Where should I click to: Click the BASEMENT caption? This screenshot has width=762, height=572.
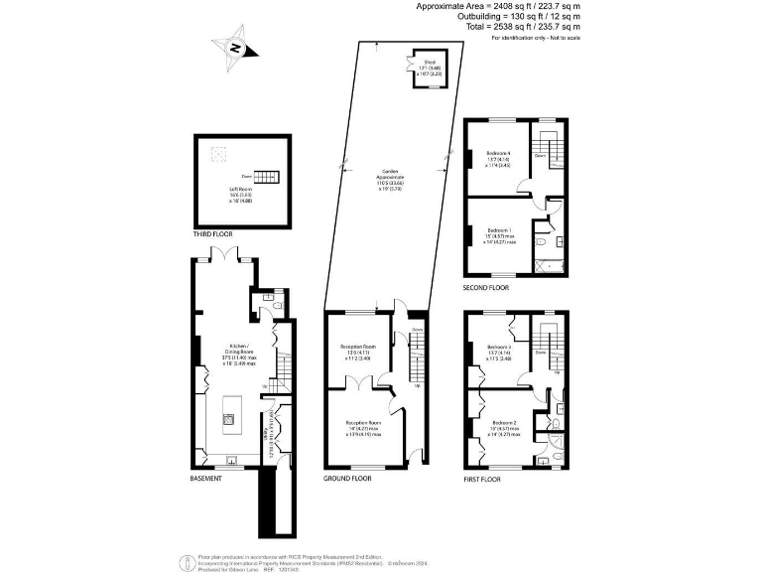coord(205,478)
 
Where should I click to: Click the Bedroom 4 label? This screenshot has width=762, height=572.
coord(499,157)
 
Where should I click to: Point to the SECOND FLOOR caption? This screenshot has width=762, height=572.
coord(486,288)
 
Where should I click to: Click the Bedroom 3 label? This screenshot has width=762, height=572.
coord(499,350)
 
